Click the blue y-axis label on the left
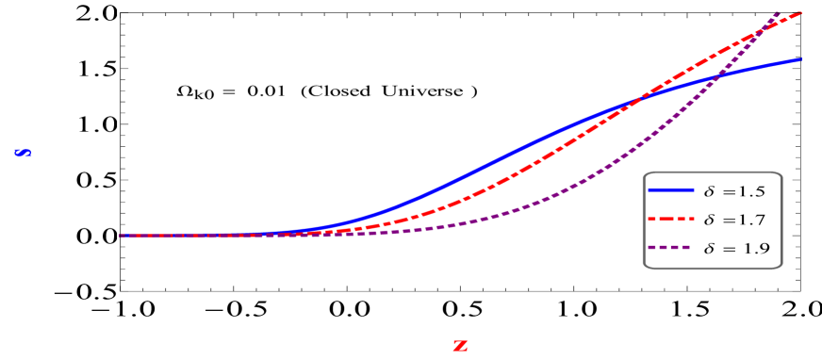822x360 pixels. click(x=23, y=153)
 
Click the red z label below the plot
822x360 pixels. click(x=460, y=346)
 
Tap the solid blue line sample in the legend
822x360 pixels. click(x=670, y=190)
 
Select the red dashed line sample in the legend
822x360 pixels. click(x=670, y=220)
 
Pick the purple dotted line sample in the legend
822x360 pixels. click(x=670, y=250)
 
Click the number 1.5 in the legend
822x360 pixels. click(x=750, y=191)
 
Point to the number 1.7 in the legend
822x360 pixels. click(x=750, y=221)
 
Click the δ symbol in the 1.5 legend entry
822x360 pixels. click(x=710, y=190)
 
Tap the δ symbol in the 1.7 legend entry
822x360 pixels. click(x=710, y=220)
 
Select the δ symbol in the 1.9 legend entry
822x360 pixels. click(x=710, y=249)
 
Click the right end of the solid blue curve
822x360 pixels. click(x=801, y=59)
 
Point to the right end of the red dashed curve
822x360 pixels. click(x=801, y=12)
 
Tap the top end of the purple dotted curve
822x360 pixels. click(x=779, y=11)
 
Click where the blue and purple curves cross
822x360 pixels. click(x=716, y=78)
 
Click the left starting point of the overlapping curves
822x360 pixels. click(x=121, y=236)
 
